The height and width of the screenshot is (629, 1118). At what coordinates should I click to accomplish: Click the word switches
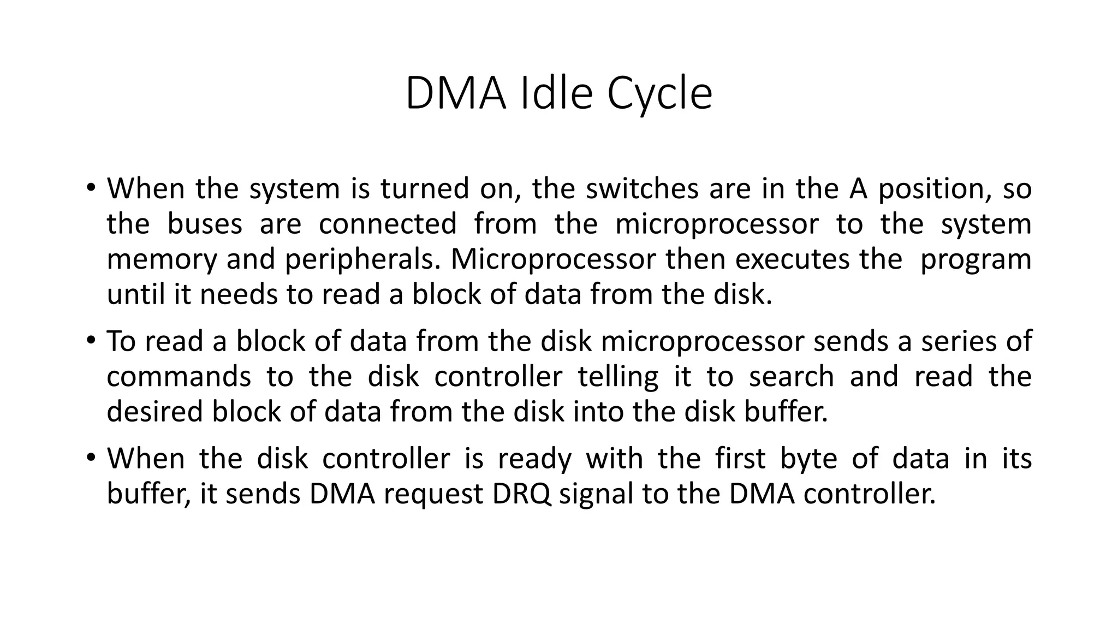642,188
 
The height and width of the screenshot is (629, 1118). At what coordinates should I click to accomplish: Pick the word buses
204,224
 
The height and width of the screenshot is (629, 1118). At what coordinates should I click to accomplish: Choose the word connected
388,224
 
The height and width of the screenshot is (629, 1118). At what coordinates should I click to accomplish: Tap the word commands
179,377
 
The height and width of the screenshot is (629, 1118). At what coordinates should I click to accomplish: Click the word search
791,377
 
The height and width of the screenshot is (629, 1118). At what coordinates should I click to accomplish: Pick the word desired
155,412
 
